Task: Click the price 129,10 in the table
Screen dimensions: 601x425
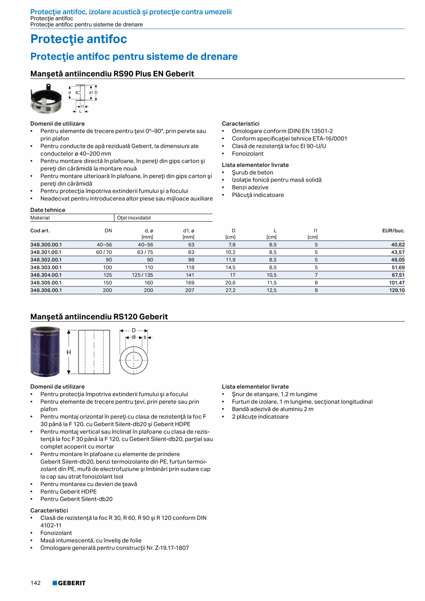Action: [x=397, y=290]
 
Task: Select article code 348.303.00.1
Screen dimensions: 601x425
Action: [x=46, y=267]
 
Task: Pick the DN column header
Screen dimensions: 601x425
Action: [x=108, y=230]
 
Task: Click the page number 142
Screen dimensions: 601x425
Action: [x=36, y=583]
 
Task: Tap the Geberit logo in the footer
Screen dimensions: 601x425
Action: [x=69, y=583]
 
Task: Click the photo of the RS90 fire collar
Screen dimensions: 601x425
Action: [x=46, y=98]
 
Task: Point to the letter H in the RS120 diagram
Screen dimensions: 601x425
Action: [x=69, y=352]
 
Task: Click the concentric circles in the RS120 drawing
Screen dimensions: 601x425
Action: [x=134, y=358]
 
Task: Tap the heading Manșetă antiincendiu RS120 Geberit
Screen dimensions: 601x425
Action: [x=99, y=316]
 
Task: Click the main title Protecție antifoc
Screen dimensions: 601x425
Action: [x=79, y=39]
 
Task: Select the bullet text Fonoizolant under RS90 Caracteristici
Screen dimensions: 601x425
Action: [x=248, y=153]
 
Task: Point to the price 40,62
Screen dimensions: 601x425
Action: [x=397, y=245]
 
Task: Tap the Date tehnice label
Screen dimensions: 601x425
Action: [x=48, y=210]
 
